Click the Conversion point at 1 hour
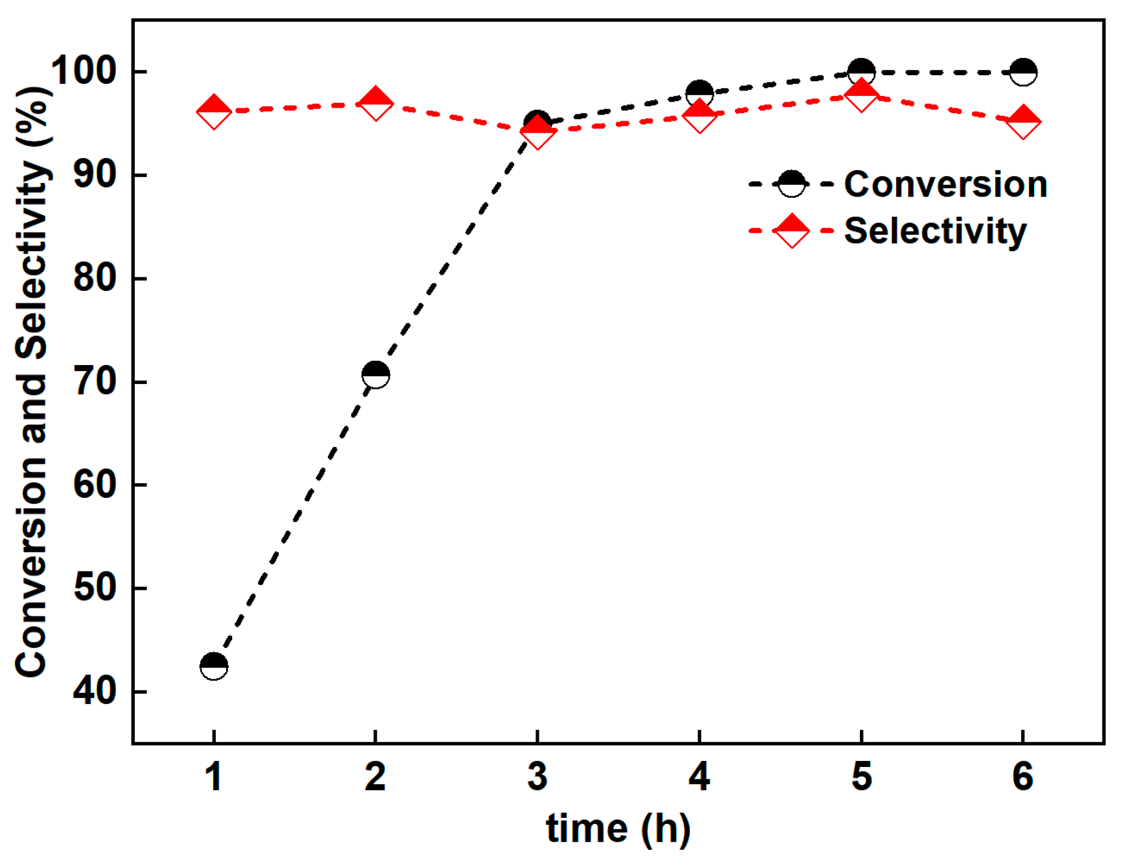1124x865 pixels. [x=214, y=666]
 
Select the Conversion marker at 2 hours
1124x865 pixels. [x=376, y=375]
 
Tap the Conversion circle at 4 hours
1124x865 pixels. [x=699, y=93]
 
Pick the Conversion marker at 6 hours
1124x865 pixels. [x=1023, y=72]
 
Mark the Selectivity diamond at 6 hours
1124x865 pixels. [x=1023, y=122]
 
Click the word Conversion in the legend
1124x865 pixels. [x=945, y=184]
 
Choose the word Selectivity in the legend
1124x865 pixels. [x=935, y=231]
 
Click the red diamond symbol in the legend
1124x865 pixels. [x=791, y=231]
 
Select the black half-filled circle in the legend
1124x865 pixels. [x=791, y=184]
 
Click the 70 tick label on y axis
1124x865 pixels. [x=94, y=381]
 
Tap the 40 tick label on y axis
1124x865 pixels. [x=94, y=691]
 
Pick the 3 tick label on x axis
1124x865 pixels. [x=537, y=776]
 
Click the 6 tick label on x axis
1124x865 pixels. [x=1023, y=776]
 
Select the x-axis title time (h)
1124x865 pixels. [x=618, y=829]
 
